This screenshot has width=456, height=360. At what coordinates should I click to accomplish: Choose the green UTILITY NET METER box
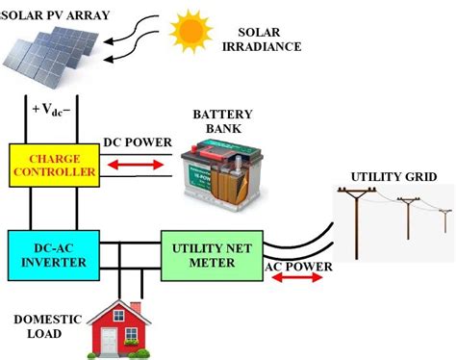[x=212, y=255]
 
